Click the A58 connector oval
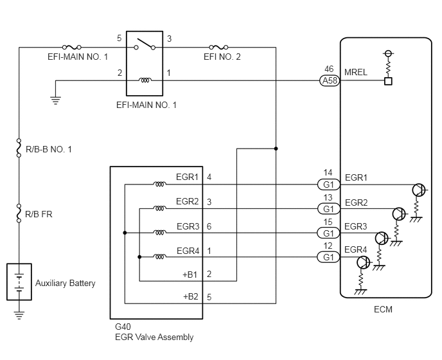329,81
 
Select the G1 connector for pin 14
328,184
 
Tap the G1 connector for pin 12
328,257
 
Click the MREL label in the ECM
356,73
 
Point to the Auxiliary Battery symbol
20,282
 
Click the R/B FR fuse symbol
20,211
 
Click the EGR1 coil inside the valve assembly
159,185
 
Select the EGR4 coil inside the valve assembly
159,257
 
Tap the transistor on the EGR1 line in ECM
418,189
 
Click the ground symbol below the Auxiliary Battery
20,315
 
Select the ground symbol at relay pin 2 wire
55,100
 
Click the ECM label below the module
383,309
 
